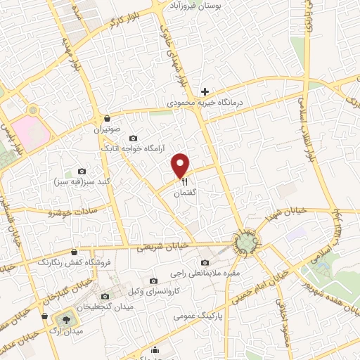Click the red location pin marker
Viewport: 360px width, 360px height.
181,165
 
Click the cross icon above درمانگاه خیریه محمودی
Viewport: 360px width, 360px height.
205,91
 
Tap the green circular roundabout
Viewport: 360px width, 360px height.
246,243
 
